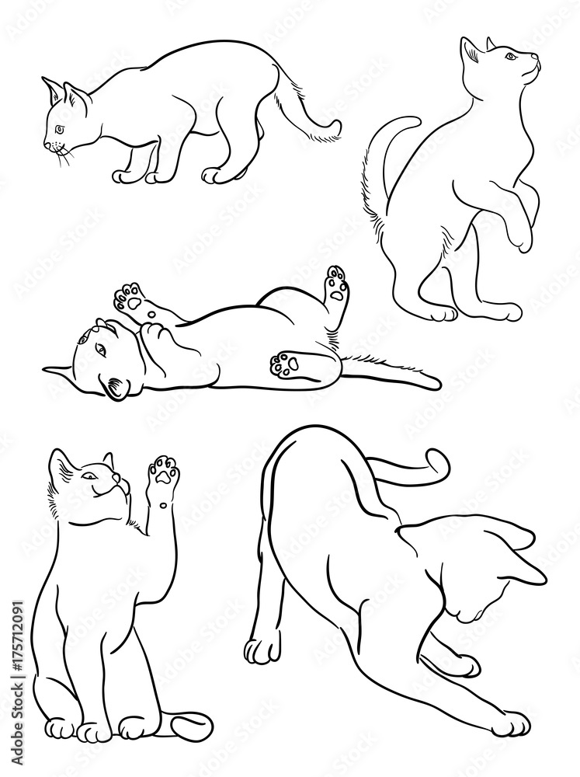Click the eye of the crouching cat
(x=60, y=128)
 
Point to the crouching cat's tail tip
(x=335, y=125)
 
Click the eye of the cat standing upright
(x=509, y=56)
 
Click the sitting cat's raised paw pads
(x=164, y=471)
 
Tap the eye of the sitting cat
(x=92, y=476)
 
